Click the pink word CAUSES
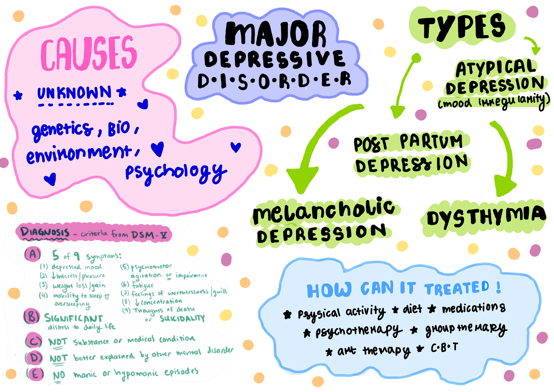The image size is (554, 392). (x=89, y=54)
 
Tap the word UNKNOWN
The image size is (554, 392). (x=74, y=93)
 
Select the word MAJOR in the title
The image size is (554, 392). (x=276, y=34)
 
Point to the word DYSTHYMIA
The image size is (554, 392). (x=486, y=217)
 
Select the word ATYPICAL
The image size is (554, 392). (x=496, y=68)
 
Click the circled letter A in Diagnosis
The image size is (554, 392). (x=33, y=254)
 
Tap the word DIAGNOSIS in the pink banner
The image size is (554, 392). (x=45, y=232)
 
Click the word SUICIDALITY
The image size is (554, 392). (x=182, y=318)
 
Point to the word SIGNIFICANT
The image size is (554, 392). (x=73, y=318)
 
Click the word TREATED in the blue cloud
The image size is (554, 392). (x=457, y=288)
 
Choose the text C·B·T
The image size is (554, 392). (x=444, y=348)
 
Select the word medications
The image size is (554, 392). (x=473, y=308)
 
